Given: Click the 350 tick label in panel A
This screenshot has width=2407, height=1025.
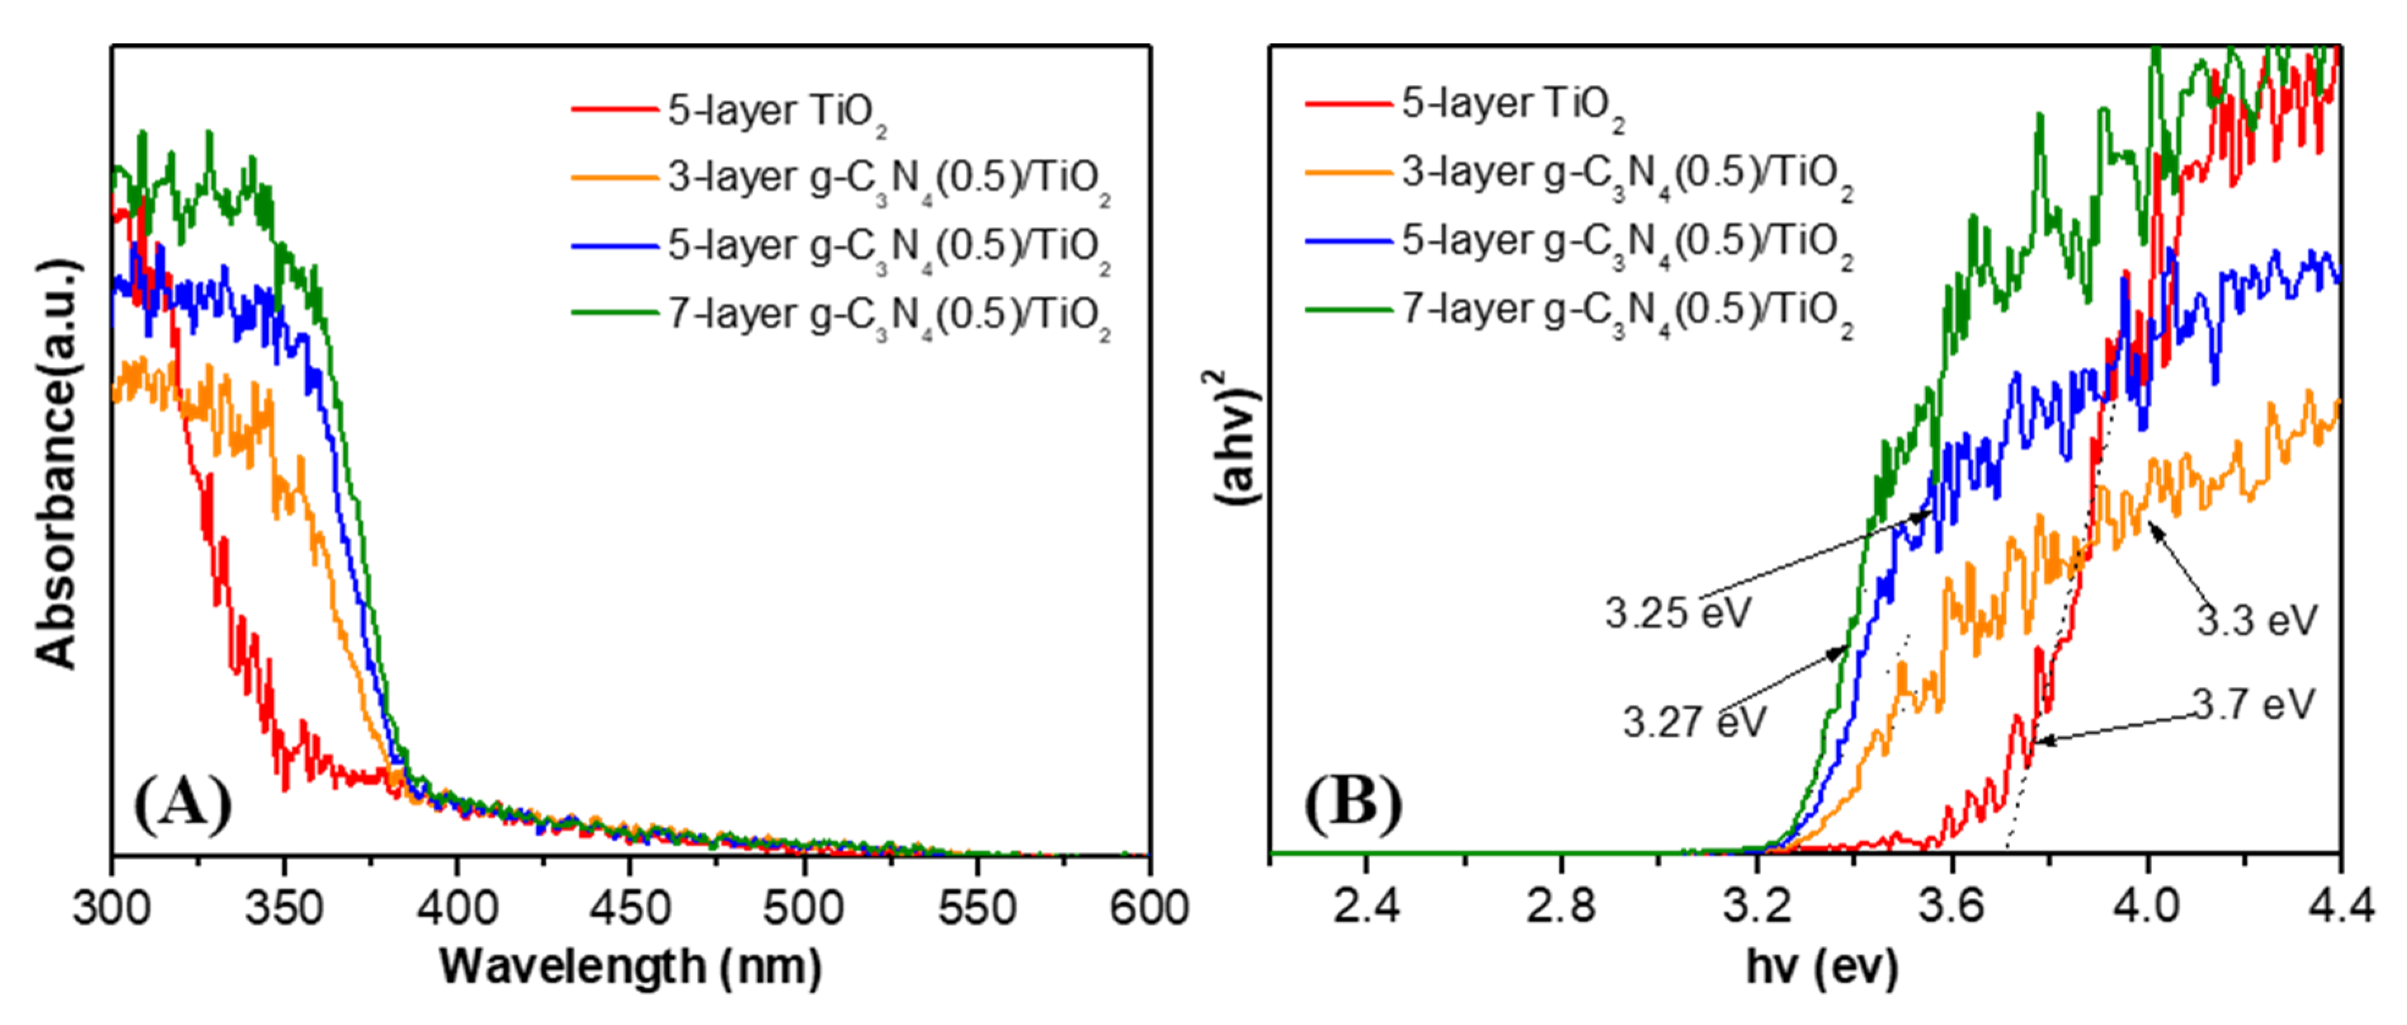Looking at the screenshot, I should click(x=284, y=908).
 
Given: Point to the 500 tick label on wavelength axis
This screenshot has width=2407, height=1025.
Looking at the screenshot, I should click(x=802, y=908).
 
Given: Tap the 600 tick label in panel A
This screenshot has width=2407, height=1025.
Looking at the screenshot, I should click(x=1148, y=908).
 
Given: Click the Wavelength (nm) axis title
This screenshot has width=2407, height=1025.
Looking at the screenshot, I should click(x=631, y=967).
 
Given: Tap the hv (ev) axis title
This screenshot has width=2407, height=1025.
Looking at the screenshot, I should click(x=1822, y=967).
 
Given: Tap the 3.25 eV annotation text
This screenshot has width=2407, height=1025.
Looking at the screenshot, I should click(x=1677, y=614).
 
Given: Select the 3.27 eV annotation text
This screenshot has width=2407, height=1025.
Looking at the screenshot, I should click(x=1694, y=722).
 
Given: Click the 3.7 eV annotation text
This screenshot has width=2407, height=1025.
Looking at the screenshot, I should click(x=2254, y=704).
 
